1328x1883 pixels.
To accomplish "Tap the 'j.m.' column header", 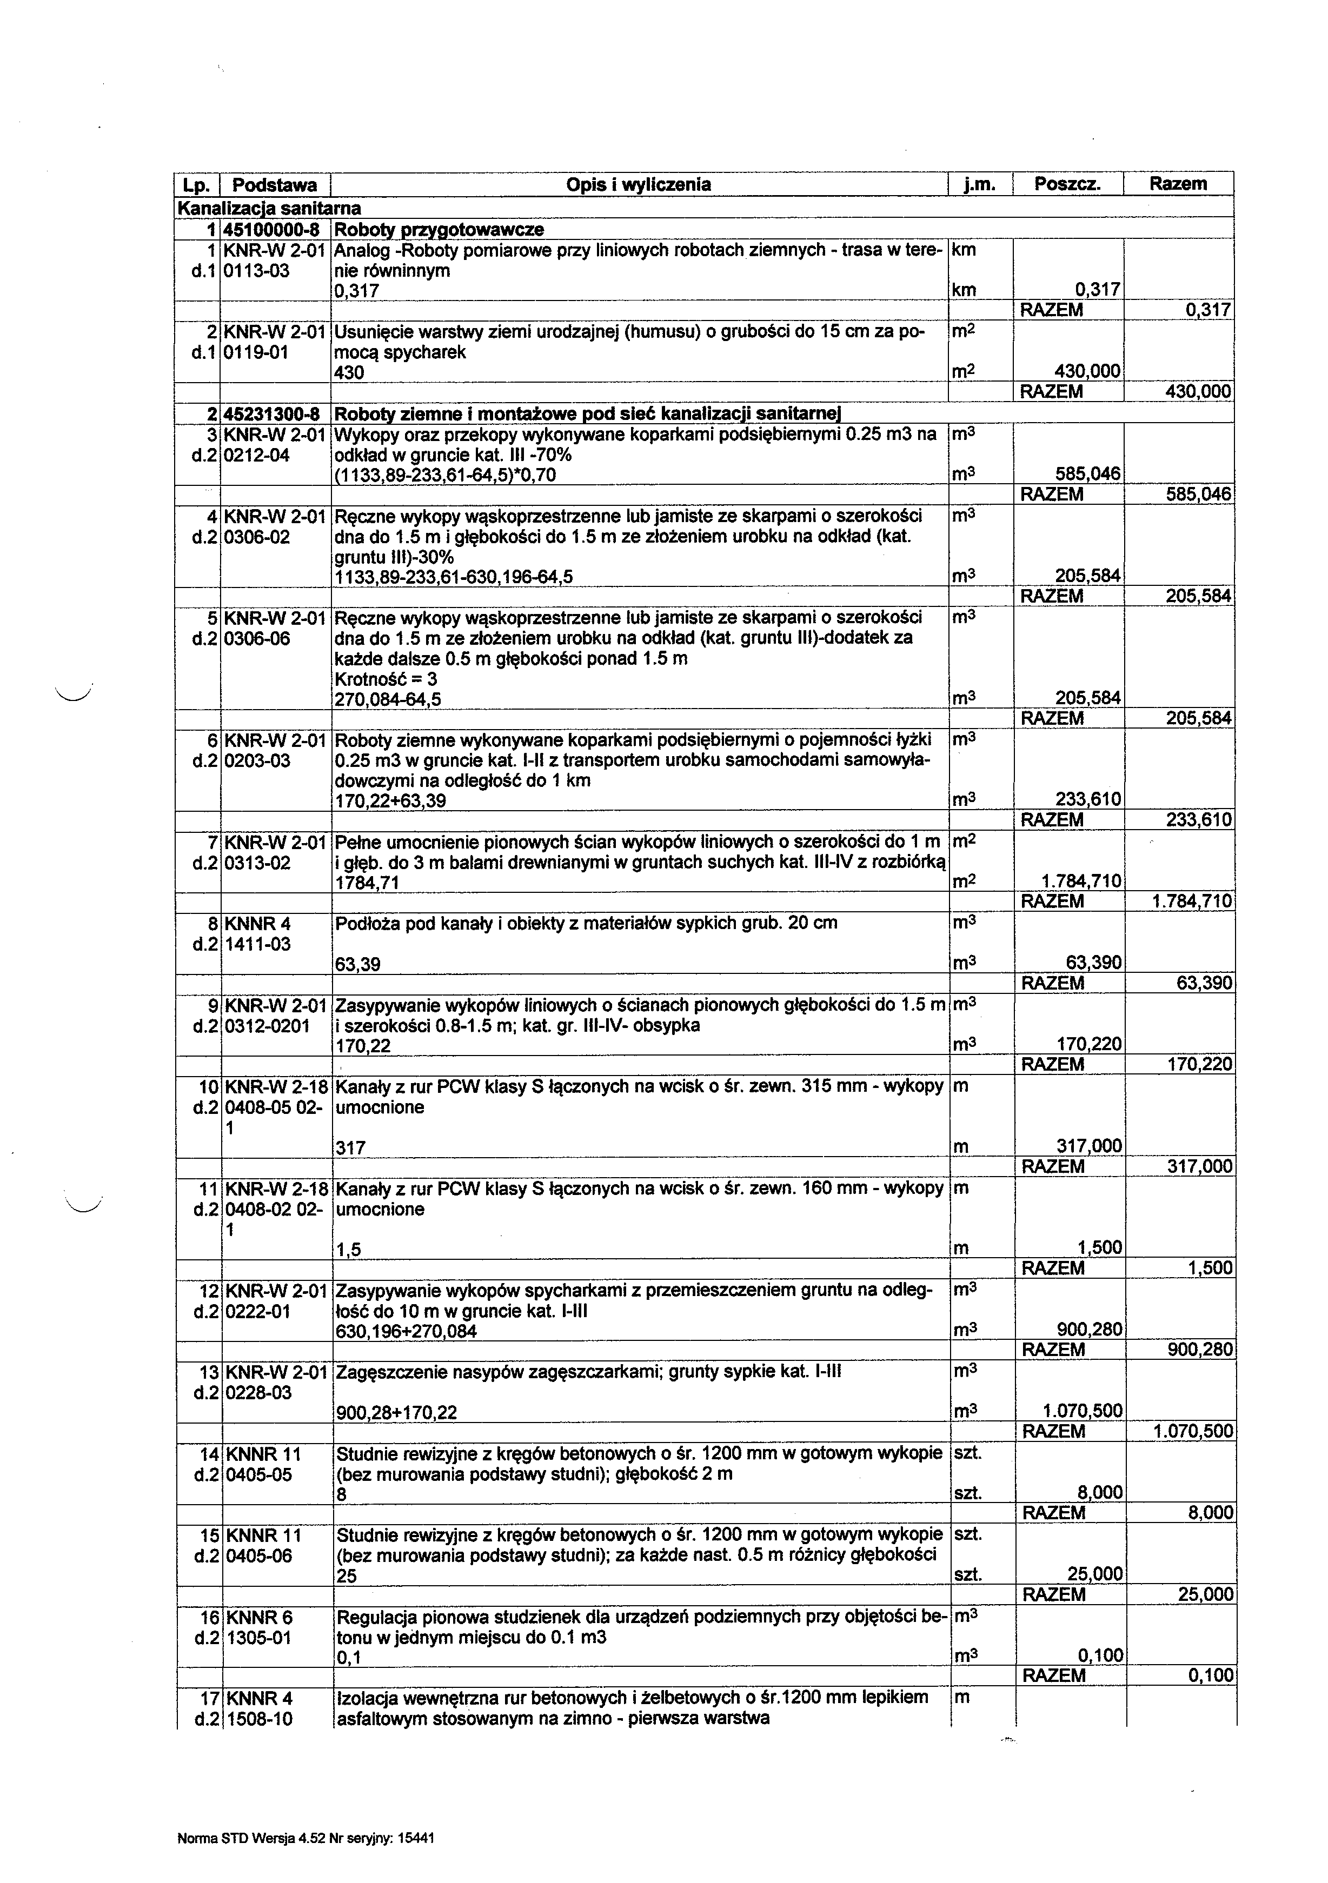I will coord(979,184).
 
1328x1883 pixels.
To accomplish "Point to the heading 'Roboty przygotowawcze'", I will coord(440,229).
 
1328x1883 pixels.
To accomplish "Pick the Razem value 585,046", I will coord(1198,495).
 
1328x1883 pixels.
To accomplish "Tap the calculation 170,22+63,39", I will coord(390,800).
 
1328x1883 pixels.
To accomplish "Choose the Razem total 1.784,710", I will coord(1192,902).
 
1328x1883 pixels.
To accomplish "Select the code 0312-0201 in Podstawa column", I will coord(267,1025).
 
